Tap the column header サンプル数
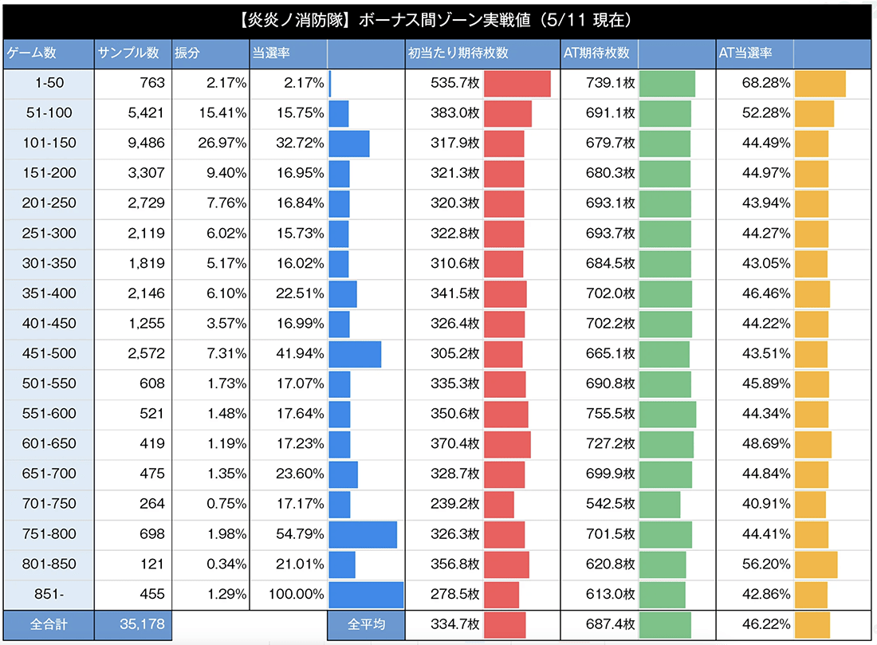click(x=128, y=53)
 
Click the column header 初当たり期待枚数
click(x=458, y=53)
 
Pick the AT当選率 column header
click(x=745, y=53)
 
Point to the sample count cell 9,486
click(x=144, y=143)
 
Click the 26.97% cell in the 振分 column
click(x=222, y=143)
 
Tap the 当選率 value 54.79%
click(x=299, y=534)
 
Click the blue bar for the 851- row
click(x=366, y=595)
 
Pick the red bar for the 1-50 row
click(x=517, y=83)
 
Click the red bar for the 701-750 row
click(x=499, y=504)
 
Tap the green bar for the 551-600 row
click(x=667, y=414)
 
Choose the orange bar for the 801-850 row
click(x=816, y=564)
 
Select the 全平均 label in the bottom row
click(x=365, y=624)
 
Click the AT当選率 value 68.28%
click(x=765, y=83)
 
